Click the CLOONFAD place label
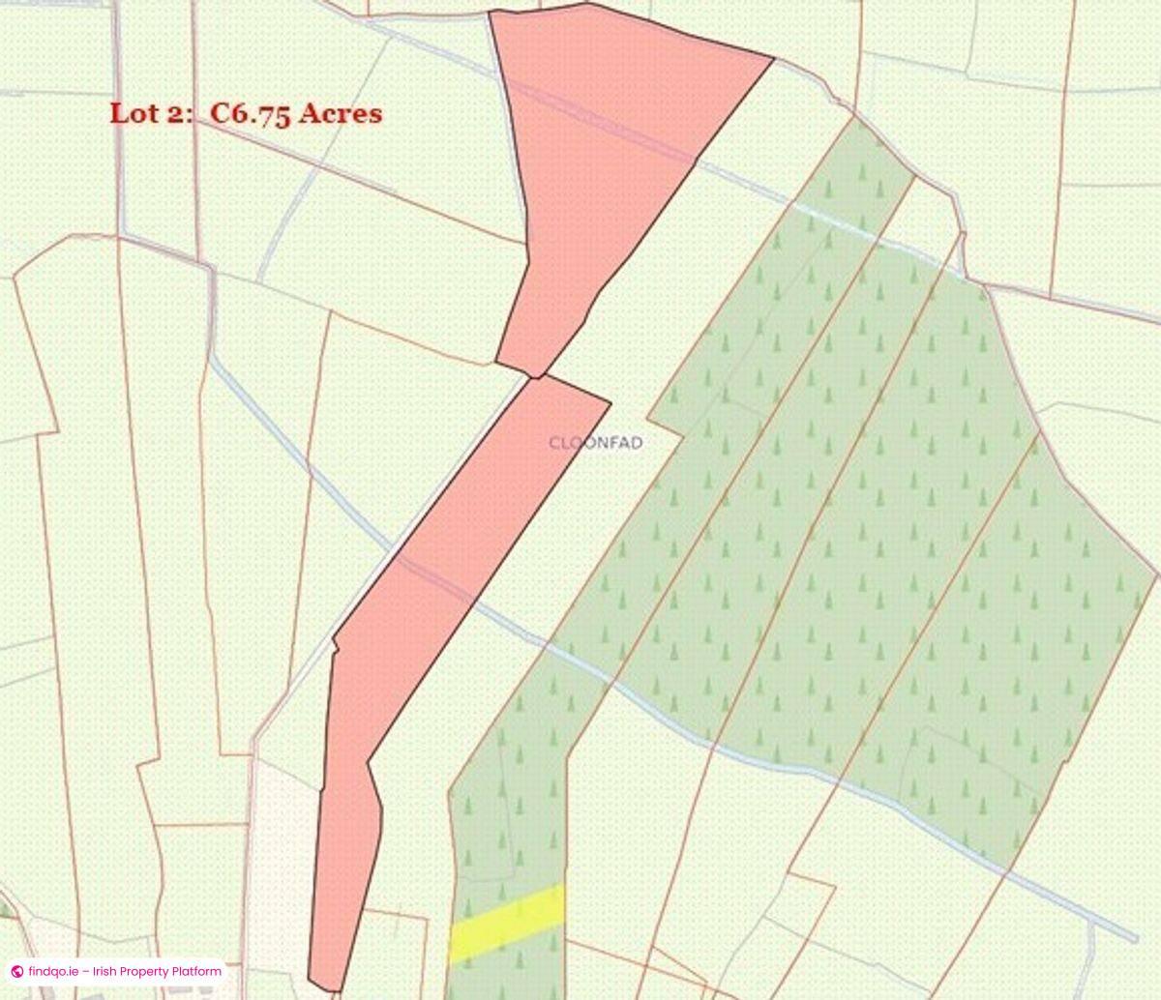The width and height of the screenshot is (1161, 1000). pos(595,443)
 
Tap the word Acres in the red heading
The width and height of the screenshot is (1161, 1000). pos(341,113)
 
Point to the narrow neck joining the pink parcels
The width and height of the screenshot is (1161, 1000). pos(532,375)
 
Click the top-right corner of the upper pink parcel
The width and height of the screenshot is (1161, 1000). pos(774,58)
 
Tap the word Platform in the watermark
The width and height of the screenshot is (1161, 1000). pos(196,971)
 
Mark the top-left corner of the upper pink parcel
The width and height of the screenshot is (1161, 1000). pos(490,13)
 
